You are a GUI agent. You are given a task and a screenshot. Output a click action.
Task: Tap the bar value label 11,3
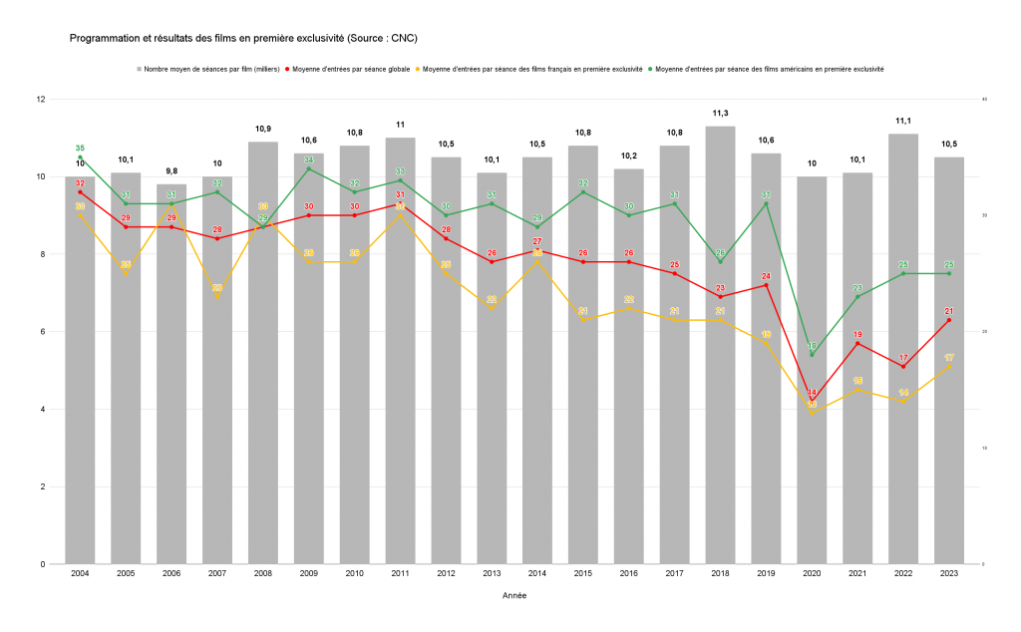(x=720, y=114)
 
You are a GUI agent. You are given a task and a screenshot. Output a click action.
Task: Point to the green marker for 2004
(x=80, y=158)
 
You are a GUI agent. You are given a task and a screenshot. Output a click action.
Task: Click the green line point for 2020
(x=812, y=355)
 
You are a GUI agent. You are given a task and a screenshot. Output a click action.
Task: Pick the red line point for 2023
(x=949, y=320)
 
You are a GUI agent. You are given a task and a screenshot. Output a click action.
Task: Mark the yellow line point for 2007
(x=217, y=297)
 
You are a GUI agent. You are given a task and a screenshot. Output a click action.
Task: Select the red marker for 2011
(x=400, y=204)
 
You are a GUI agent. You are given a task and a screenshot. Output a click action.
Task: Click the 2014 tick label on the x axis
(x=537, y=574)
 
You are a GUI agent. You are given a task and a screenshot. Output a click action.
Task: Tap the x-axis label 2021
(x=857, y=574)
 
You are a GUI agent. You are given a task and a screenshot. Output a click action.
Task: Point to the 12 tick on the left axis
(x=41, y=100)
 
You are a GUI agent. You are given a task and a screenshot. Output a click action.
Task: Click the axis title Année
(x=513, y=596)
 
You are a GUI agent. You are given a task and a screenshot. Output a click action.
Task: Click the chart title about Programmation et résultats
(x=242, y=39)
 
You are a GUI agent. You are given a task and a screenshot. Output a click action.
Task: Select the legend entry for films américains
(x=769, y=69)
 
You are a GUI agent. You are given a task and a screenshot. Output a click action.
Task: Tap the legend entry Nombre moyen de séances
(x=210, y=69)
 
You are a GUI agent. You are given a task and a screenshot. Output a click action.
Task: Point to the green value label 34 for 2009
(x=308, y=159)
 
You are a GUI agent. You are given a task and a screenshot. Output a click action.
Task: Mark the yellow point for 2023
(x=949, y=366)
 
